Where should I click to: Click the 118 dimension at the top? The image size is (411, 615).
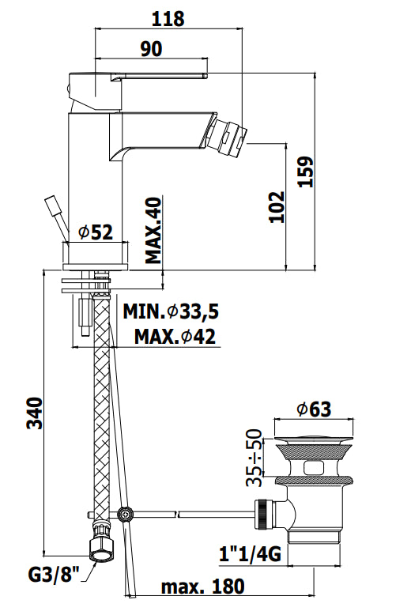168,18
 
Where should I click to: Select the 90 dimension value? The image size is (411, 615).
151,49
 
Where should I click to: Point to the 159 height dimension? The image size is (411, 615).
307,172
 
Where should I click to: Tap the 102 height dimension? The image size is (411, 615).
277,206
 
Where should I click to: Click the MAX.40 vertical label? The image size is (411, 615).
153,230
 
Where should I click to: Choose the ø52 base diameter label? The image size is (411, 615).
96,232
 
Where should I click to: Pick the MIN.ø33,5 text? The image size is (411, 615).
171,311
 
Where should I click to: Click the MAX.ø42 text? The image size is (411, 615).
175,337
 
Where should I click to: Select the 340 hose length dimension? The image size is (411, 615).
35,413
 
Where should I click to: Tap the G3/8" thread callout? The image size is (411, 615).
54,575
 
